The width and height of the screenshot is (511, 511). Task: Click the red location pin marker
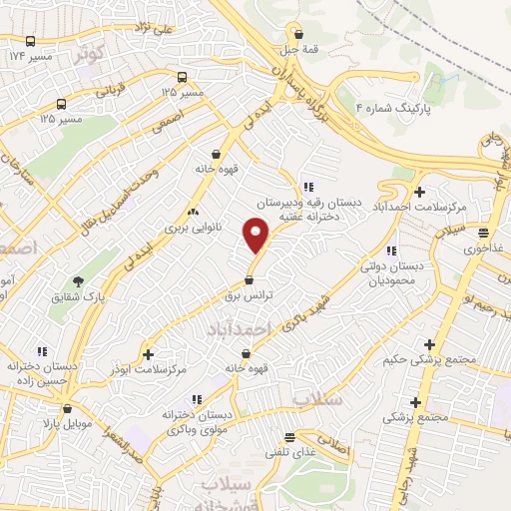(x=257, y=237)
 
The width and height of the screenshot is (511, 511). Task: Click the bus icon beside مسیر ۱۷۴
(x=31, y=43)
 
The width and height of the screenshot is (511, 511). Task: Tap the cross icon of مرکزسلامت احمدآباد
(x=419, y=192)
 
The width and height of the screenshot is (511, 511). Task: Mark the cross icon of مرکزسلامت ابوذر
(x=148, y=354)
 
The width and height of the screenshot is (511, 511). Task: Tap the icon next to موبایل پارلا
(x=67, y=408)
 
